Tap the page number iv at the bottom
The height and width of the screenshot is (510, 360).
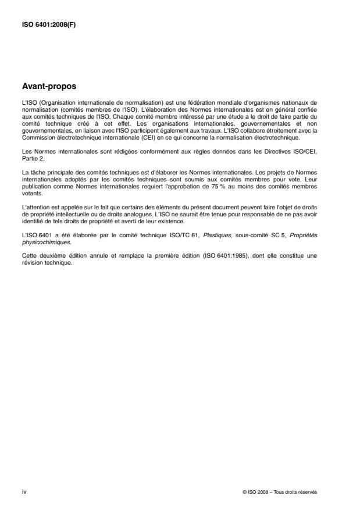coord(23,491)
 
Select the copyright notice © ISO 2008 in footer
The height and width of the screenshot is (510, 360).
coord(280,492)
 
